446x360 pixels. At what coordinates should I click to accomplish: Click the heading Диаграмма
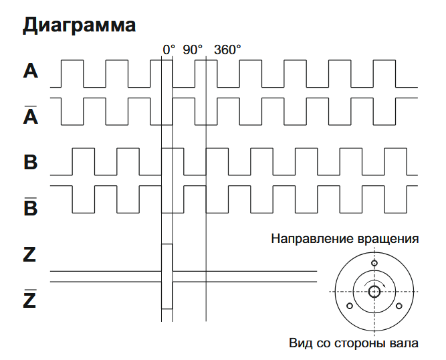pyautogui.click(x=80, y=25)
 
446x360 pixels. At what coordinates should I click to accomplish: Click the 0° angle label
pyautogui.click(x=169, y=50)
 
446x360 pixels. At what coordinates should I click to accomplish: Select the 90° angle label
pyautogui.click(x=193, y=50)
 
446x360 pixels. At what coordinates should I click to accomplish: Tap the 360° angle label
pyautogui.click(x=227, y=50)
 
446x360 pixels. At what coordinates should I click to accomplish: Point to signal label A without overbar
pyautogui.click(x=31, y=71)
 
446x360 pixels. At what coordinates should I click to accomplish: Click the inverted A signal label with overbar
pyautogui.click(x=31, y=115)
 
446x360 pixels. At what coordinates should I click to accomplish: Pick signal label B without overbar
pyautogui.click(x=31, y=163)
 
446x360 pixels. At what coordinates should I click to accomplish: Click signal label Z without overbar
pyautogui.click(x=30, y=255)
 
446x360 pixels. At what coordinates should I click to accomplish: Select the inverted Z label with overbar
pyautogui.click(x=30, y=300)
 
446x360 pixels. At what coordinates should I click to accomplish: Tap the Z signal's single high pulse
pyautogui.click(x=166, y=258)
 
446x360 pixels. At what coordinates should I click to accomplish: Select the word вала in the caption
pyautogui.click(x=405, y=344)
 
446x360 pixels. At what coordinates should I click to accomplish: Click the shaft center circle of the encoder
pyautogui.click(x=373, y=291)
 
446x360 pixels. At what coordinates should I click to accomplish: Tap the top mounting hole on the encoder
pyautogui.click(x=374, y=263)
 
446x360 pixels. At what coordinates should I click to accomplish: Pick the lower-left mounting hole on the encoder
pyautogui.click(x=349, y=306)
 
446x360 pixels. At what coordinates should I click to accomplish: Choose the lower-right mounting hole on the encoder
pyautogui.click(x=399, y=306)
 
